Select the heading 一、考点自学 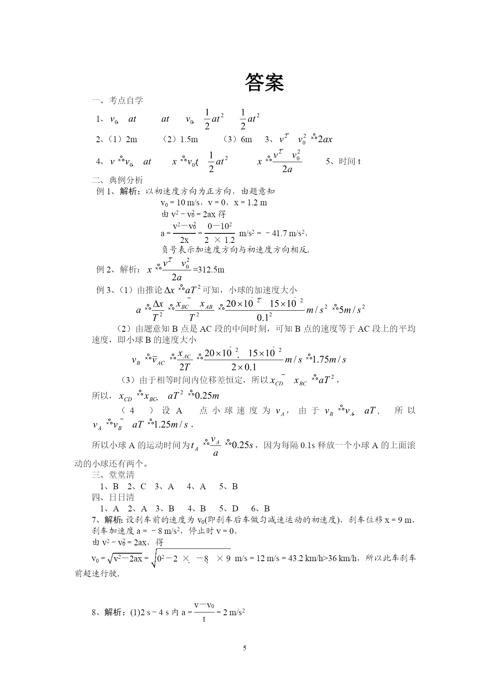[x=117, y=100]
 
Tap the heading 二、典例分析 [x=117, y=180]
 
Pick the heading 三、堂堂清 [x=113, y=475]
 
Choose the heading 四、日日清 [x=113, y=497]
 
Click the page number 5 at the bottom [x=245, y=648]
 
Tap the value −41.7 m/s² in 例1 [x=284, y=233]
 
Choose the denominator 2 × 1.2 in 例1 [x=220, y=240]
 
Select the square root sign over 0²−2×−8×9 [x=154, y=558]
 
